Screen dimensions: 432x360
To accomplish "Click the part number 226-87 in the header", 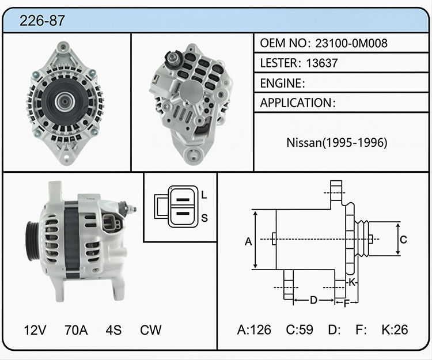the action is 42,20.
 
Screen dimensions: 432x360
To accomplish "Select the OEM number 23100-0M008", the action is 351,43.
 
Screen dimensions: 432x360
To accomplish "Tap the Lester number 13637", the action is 322,63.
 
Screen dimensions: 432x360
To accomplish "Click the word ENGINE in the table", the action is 281,83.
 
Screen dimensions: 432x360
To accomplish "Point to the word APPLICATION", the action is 296,103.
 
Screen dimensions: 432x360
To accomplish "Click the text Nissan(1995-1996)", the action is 337,142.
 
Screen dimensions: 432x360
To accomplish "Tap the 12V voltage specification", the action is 35,330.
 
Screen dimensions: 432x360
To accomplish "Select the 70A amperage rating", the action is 76,330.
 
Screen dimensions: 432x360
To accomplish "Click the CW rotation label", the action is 150,330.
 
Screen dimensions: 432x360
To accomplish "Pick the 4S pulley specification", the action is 113,330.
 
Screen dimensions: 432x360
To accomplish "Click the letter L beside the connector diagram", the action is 204,195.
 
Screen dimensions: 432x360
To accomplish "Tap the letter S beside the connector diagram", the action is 204,218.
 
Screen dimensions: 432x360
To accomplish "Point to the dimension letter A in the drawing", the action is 248,241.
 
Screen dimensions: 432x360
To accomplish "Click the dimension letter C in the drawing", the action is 403,240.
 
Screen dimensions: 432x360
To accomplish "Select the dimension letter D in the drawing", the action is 313,300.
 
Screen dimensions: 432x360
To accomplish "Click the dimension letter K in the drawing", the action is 352,282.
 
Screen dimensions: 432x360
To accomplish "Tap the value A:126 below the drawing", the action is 254,329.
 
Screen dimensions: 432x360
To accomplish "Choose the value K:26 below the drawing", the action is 395,329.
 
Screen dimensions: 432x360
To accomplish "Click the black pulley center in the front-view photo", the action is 65,101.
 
